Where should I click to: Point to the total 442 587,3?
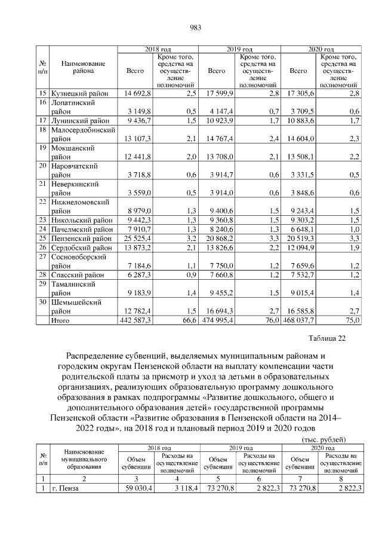pyautogui.click(x=135, y=320)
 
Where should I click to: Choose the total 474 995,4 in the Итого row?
pyautogui.click(x=217, y=320)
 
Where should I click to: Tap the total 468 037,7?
pyautogui.click(x=298, y=320)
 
